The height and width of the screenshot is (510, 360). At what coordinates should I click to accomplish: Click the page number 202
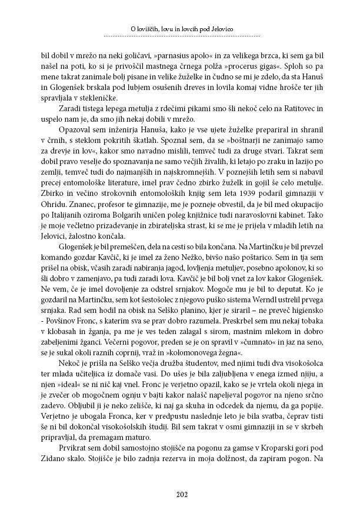coord(180,494)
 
